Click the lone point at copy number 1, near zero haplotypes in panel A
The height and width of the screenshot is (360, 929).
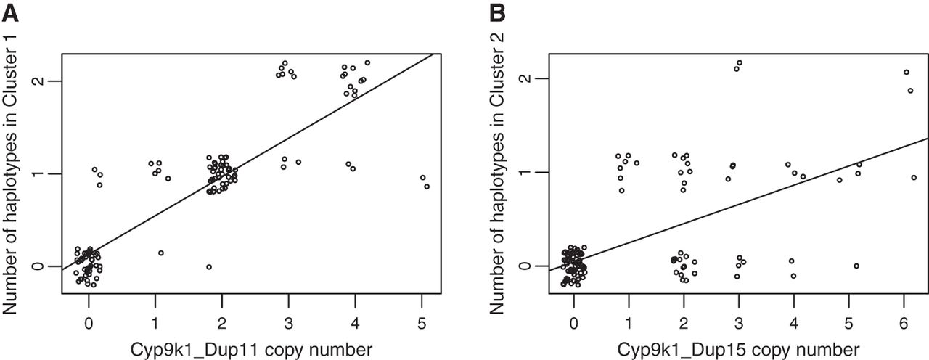point(161,253)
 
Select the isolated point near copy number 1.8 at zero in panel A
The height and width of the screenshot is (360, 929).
point(209,267)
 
